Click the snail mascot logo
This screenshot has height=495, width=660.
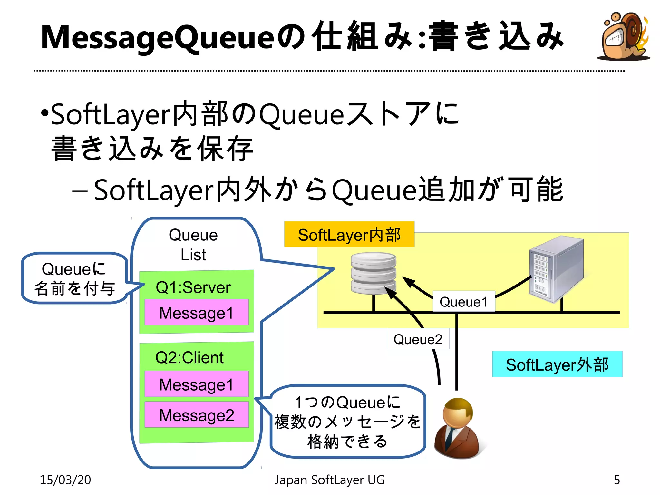click(x=624, y=36)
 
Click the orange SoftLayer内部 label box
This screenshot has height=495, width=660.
click(x=349, y=234)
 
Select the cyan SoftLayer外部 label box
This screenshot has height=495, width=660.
click(x=557, y=364)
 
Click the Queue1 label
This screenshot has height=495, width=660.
click(x=463, y=302)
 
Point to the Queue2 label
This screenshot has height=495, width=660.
click(x=418, y=339)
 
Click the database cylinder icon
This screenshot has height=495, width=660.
click(x=374, y=273)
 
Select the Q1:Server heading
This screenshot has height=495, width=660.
click(x=193, y=287)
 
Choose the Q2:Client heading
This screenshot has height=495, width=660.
click(x=189, y=358)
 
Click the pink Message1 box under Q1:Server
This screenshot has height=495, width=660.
click(x=196, y=313)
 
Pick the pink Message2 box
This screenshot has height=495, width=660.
click(x=196, y=415)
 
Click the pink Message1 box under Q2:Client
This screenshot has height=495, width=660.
click(x=196, y=384)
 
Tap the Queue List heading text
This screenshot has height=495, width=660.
click(x=193, y=245)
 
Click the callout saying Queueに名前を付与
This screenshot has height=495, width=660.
click(x=74, y=278)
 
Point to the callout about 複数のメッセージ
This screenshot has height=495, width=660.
click(x=347, y=422)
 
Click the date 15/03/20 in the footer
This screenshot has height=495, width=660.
click(x=65, y=480)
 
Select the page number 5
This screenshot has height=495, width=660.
click(x=616, y=480)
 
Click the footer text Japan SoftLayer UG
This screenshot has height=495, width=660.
click(x=329, y=480)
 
